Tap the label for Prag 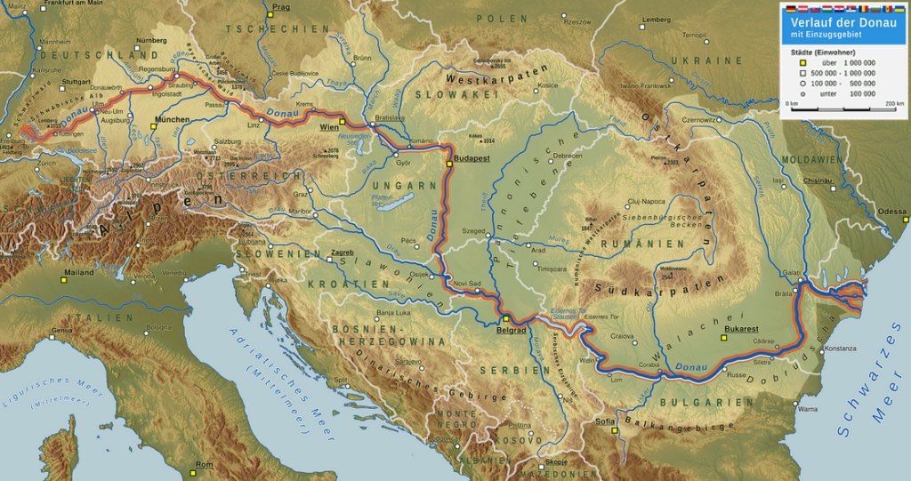[x=281, y=7]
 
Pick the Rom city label [x=204, y=465]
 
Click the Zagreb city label [x=343, y=253]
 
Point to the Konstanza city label [x=841, y=348]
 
